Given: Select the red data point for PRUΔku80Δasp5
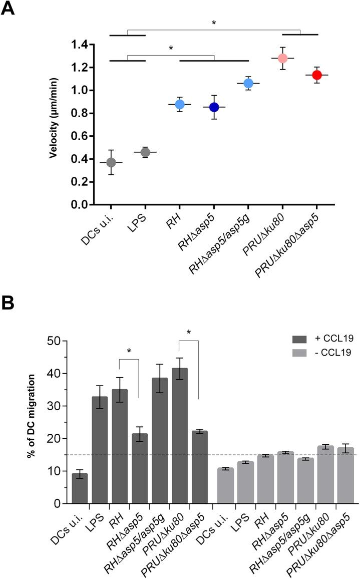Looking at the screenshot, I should click(x=316, y=75).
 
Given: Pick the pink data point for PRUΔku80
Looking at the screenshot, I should click(x=282, y=58).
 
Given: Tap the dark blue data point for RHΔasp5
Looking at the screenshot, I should click(x=214, y=107).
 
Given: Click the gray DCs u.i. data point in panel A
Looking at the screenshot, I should click(x=111, y=163).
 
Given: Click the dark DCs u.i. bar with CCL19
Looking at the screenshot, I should click(x=80, y=488).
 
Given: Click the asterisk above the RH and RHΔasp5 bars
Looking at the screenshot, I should click(x=129, y=351).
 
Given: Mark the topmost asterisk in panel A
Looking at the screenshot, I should click(x=214, y=23).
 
